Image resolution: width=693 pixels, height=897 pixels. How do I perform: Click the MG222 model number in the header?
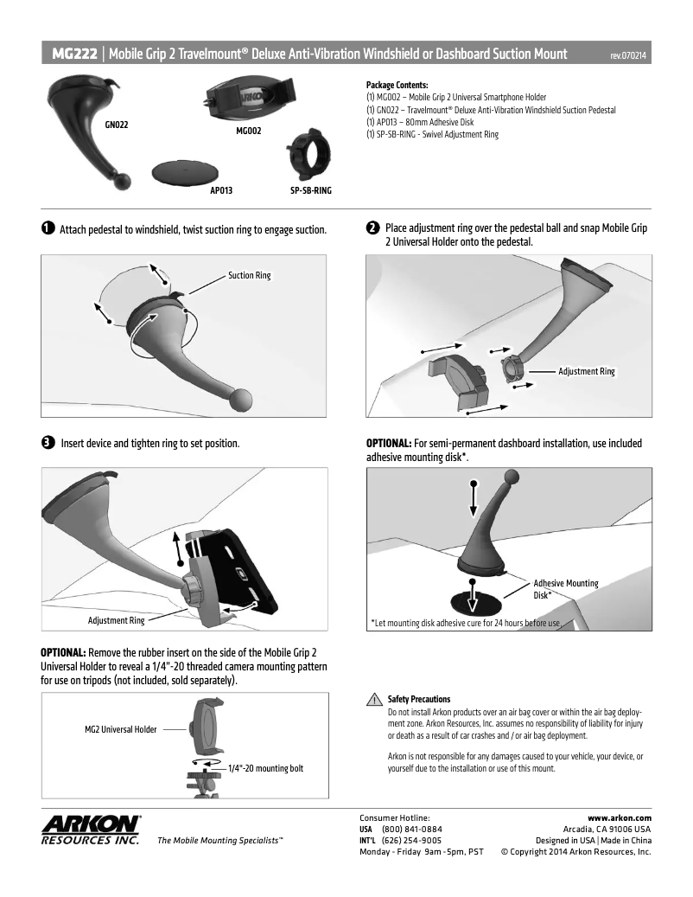tap(74, 54)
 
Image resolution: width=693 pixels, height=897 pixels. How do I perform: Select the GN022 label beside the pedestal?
tap(117, 125)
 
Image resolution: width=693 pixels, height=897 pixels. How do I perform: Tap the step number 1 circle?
tap(47, 229)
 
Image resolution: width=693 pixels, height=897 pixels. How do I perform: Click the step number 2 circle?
tap(372, 228)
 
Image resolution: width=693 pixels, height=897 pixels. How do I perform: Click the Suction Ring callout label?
tap(249, 276)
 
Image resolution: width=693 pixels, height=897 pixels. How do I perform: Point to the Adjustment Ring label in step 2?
tap(586, 371)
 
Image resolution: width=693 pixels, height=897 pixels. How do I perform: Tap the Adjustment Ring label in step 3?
tap(116, 620)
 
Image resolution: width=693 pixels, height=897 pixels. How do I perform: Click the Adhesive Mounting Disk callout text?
tap(565, 589)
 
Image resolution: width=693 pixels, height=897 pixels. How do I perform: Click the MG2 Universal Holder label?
tap(120, 729)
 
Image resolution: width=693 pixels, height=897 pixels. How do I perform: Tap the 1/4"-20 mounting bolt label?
tap(265, 768)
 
